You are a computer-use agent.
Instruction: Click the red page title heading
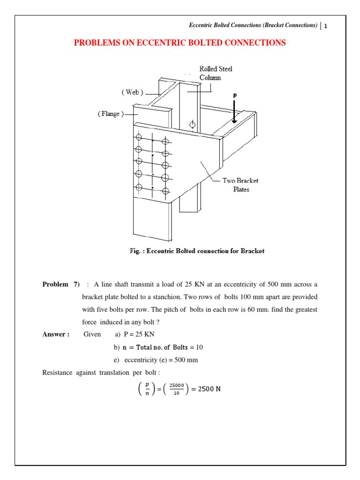coord(180,43)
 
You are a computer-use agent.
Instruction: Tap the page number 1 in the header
coord(325,26)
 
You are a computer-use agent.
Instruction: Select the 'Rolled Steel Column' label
coord(216,73)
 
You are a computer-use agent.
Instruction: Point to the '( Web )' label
coord(133,92)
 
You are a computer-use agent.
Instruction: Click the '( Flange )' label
coord(111,114)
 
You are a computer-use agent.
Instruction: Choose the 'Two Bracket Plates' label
coord(241,185)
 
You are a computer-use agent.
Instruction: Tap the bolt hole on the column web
coord(192,125)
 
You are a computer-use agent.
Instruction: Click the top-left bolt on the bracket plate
coord(138,137)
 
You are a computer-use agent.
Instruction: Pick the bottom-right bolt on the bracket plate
coord(165,190)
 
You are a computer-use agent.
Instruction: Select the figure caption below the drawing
coord(197,251)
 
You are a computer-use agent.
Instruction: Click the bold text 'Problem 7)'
coord(61,284)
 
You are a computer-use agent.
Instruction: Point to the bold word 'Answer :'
coord(56,334)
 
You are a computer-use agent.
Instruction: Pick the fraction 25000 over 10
coord(176,389)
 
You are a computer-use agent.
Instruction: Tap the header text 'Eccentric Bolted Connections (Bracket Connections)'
coord(253,25)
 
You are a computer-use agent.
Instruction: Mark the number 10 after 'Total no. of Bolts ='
coord(199,347)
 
